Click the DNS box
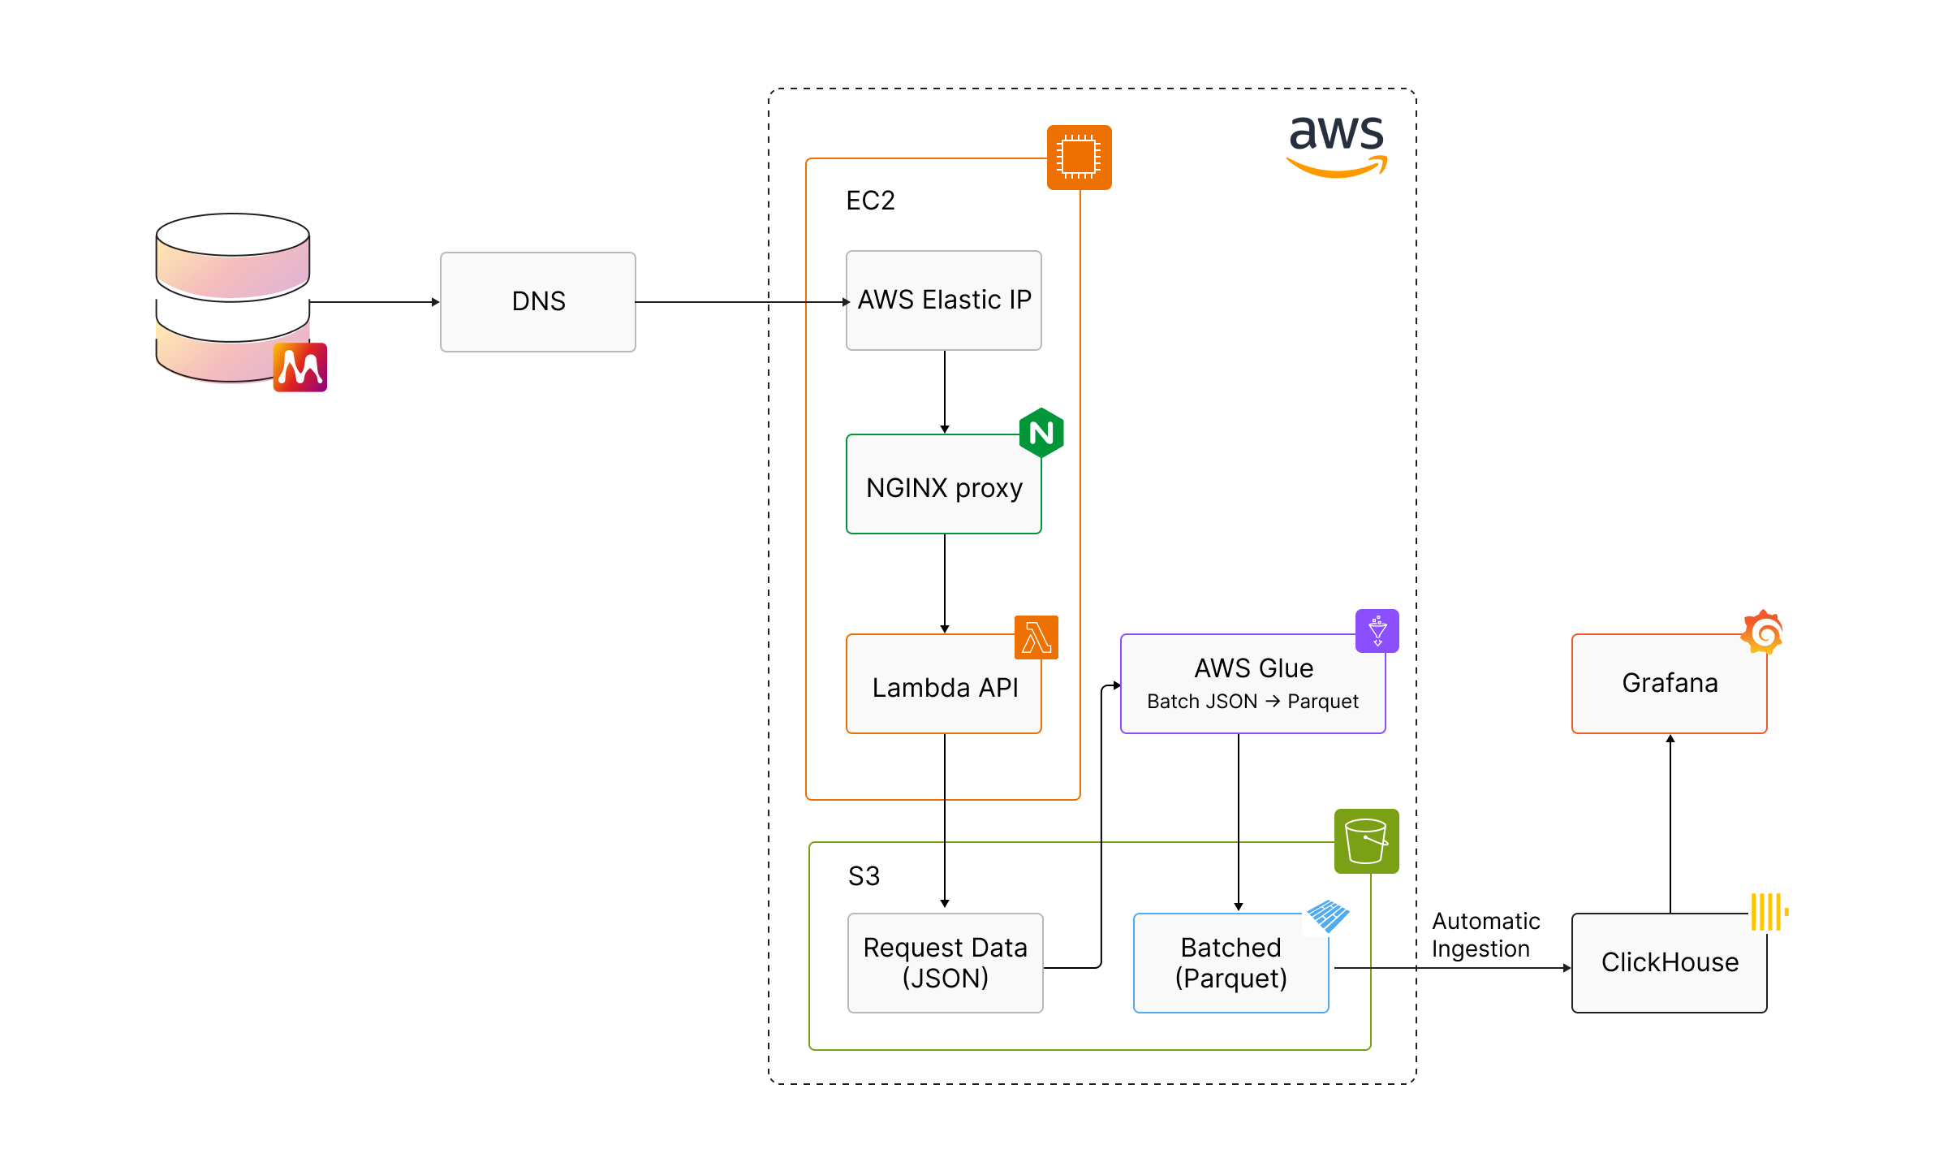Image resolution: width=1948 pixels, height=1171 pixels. (x=537, y=301)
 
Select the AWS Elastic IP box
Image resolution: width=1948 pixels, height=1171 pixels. (x=943, y=300)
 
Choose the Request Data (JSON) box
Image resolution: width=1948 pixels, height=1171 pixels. (x=945, y=962)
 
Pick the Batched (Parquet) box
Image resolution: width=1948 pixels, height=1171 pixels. (x=1230, y=962)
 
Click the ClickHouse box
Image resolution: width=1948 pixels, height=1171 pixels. (x=1669, y=962)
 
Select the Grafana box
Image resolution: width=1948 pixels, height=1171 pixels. (x=1669, y=683)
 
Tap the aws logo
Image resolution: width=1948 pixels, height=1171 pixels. (x=1337, y=145)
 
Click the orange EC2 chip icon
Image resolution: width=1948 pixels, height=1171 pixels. (x=1079, y=157)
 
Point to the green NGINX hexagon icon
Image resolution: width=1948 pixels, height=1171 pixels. (x=1041, y=433)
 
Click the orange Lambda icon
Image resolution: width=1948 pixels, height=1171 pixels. (x=1036, y=637)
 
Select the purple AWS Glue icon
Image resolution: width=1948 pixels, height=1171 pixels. (x=1377, y=630)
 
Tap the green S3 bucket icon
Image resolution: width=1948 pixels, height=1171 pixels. (x=1366, y=840)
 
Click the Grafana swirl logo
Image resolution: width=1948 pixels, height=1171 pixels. (x=1762, y=632)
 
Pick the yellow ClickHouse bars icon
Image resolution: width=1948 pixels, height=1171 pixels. (x=1769, y=911)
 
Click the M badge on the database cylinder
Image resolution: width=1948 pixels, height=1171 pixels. (x=300, y=367)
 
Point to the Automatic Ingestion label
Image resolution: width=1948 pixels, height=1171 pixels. (x=1485, y=935)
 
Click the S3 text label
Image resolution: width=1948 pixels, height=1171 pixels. (x=864, y=876)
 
